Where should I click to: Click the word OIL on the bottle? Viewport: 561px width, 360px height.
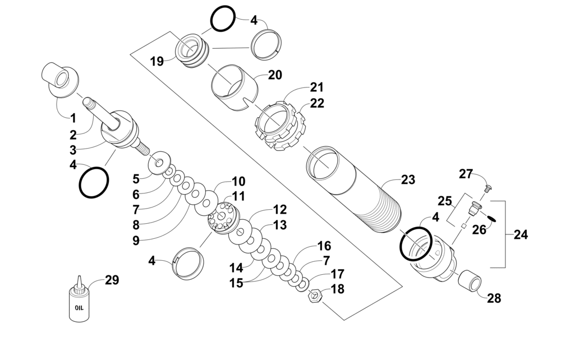click(79, 307)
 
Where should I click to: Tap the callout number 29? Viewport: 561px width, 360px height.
click(112, 280)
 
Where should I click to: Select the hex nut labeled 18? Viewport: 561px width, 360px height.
click(315, 296)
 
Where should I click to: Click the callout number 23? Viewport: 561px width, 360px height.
click(408, 180)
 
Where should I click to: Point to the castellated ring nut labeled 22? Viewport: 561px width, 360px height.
click(281, 126)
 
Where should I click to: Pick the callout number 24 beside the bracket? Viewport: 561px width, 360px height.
click(521, 235)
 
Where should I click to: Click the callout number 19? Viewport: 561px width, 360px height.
click(157, 62)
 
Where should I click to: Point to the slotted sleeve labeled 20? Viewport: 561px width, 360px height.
click(234, 87)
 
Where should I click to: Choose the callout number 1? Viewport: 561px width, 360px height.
click(73, 118)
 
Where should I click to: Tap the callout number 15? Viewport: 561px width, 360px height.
click(236, 283)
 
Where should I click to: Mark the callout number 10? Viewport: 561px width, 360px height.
click(238, 182)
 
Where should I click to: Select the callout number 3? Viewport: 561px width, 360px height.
click(73, 150)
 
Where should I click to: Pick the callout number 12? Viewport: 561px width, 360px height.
click(280, 210)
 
